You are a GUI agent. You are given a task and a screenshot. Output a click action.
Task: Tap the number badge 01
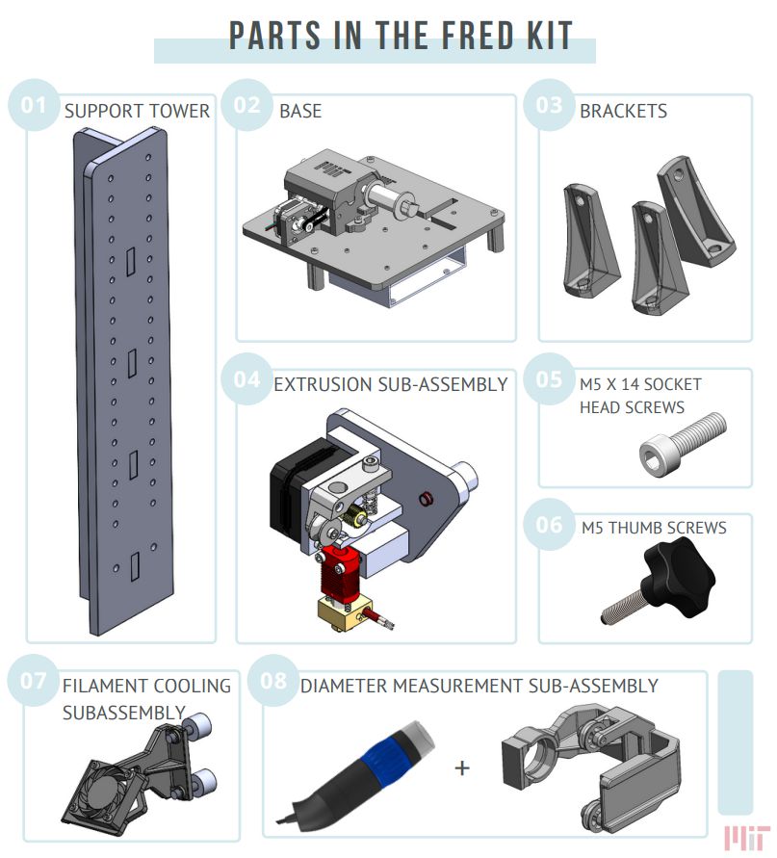(34, 104)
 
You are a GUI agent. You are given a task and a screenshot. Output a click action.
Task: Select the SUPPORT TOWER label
(137, 111)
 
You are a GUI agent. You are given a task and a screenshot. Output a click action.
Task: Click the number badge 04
(247, 378)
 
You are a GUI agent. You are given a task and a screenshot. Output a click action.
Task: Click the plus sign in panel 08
(463, 767)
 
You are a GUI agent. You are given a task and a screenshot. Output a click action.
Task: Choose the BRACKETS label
(623, 111)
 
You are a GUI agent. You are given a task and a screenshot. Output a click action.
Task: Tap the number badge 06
(549, 525)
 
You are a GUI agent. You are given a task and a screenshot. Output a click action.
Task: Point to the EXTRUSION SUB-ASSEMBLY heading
(390, 384)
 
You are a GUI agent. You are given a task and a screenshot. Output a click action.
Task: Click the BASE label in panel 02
(300, 111)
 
